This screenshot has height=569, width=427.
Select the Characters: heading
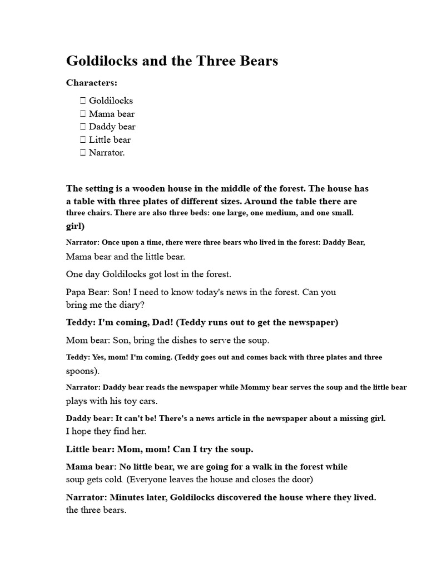[x=92, y=83]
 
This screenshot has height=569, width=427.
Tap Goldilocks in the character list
[x=111, y=101]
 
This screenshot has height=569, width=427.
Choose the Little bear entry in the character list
[x=110, y=139]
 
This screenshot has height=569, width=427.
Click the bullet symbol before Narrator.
[x=83, y=152]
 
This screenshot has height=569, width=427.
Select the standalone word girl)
[x=75, y=226]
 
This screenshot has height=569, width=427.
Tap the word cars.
[x=147, y=401]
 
